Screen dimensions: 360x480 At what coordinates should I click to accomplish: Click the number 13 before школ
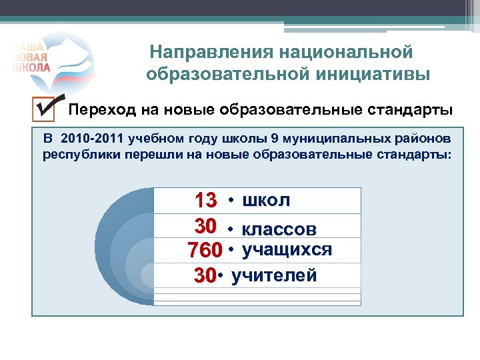pyautogui.click(x=205, y=200)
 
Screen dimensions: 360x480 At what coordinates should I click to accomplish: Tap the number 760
pyautogui.click(x=205, y=251)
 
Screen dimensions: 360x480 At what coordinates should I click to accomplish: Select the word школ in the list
pyautogui.click(x=267, y=200)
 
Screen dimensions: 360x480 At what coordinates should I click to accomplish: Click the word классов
pyautogui.click(x=279, y=229)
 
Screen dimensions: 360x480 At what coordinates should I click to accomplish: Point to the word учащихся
pyautogui.click(x=287, y=250)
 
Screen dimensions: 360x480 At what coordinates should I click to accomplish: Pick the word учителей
pyautogui.click(x=274, y=275)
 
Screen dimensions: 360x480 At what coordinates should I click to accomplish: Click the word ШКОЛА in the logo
pyautogui.click(x=31, y=67)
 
